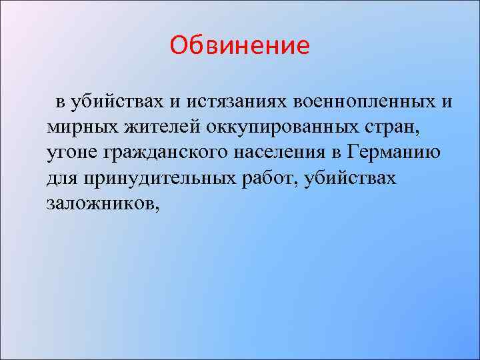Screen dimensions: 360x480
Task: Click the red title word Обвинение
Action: pyautogui.click(x=239, y=45)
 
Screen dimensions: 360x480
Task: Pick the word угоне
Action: pyautogui.click(x=71, y=151)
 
